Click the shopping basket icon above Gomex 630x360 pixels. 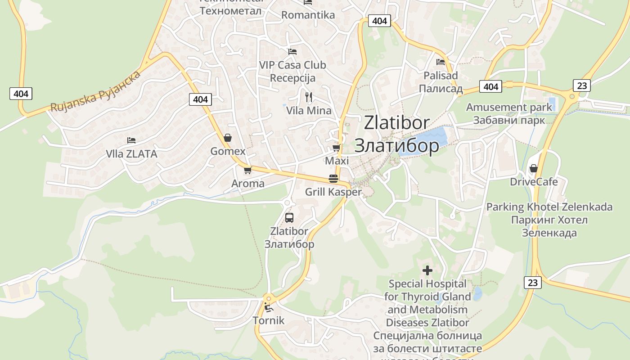(228, 138)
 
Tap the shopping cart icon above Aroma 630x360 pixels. (247, 170)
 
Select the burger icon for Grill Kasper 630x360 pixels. (333, 178)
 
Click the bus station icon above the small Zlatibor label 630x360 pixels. (289, 218)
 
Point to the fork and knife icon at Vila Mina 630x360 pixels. (309, 97)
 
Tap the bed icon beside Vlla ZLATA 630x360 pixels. (131, 140)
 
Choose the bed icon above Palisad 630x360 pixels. (441, 62)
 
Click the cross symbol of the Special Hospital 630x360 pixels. (427, 270)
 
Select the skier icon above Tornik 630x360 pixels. (269, 308)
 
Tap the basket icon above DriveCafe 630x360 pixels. (534, 168)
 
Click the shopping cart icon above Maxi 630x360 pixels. (336, 148)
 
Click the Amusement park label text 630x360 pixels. (509, 108)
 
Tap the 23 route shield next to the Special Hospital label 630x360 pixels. (533, 283)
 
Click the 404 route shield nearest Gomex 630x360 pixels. (200, 99)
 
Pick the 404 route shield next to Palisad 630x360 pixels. (491, 86)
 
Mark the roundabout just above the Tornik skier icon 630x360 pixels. (269, 297)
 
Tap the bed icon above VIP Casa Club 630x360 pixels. (292, 51)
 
